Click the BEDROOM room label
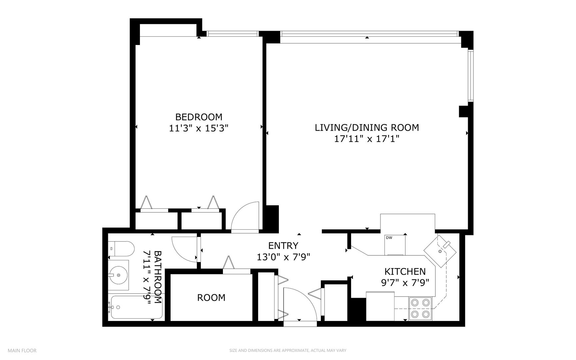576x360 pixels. pos(199,117)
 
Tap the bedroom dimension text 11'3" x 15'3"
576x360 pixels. pos(199,128)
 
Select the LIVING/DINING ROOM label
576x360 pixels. pos(367,128)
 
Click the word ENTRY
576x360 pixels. pos(283,246)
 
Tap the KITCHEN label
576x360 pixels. pos(405,271)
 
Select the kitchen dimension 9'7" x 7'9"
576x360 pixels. pos(405,283)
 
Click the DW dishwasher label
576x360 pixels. pos(389,238)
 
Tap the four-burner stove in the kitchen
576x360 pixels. pos(420,308)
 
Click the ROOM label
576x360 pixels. pos(211,298)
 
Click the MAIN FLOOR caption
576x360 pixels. pos(22,350)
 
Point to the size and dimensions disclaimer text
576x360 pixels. pos(288,350)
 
